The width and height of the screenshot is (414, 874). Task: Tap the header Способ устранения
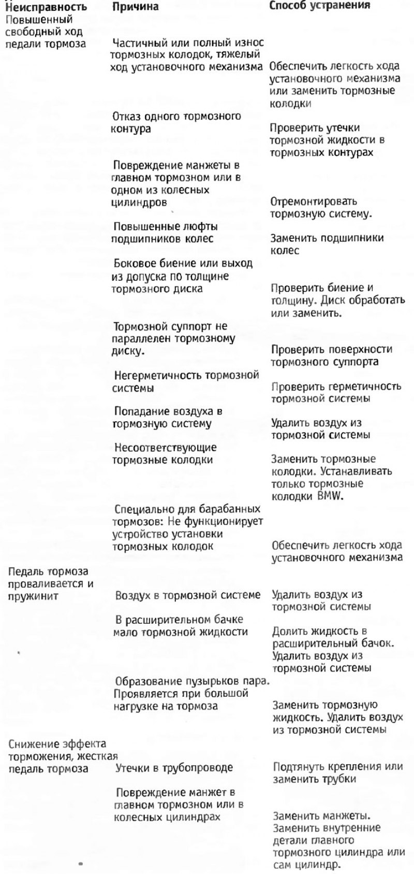[320, 6]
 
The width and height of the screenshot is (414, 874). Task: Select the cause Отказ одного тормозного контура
[176, 122]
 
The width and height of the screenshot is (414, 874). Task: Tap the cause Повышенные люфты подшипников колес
[165, 233]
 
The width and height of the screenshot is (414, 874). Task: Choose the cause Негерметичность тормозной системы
[185, 381]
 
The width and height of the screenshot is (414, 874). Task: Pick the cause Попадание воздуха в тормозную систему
[168, 418]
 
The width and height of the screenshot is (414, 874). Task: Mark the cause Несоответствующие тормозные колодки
[165, 453]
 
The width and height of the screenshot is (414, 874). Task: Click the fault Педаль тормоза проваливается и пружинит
[49, 584]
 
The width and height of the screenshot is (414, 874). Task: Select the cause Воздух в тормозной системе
[188, 595]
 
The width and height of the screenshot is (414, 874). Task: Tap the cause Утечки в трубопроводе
[174, 767]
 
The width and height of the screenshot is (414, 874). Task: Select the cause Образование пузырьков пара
[192, 680]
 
